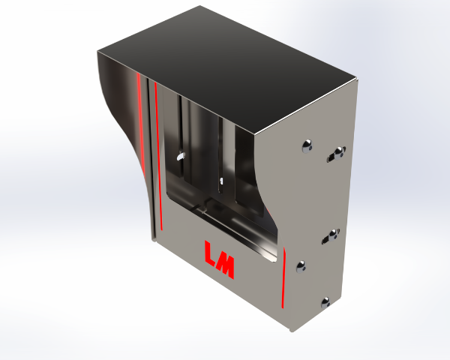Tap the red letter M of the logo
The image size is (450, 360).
point(226,266)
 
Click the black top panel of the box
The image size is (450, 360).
point(226,69)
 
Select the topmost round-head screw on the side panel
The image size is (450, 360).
point(307,146)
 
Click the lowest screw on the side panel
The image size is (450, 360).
point(325,302)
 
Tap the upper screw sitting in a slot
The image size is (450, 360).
point(339,152)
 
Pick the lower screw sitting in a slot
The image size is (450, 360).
point(333,235)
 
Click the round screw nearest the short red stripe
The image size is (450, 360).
point(301,267)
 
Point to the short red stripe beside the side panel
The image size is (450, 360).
point(283,278)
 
